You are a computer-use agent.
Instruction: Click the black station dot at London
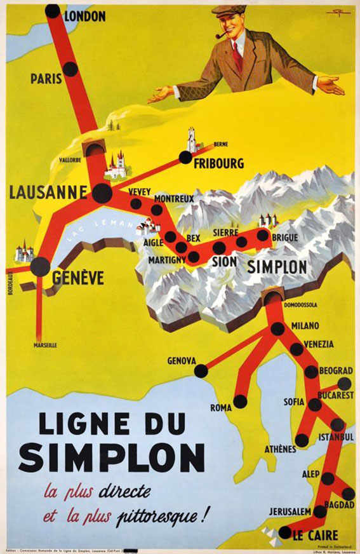click(x=53, y=11)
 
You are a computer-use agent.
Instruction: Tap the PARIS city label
click(x=46, y=79)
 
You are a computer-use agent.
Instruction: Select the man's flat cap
click(x=229, y=10)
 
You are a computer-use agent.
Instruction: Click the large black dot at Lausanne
click(x=102, y=193)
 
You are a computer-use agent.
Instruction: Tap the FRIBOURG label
click(x=218, y=164)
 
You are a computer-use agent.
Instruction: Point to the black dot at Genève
click(x=40, y=266)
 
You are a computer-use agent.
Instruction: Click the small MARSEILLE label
click(x=45, y=345)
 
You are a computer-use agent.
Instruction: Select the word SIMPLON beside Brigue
click(x=276, y=267)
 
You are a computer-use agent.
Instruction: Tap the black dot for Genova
click(x=201, y=370)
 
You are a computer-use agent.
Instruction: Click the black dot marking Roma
click(x=240, y=401)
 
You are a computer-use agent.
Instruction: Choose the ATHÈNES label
click(x=280, y=449)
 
